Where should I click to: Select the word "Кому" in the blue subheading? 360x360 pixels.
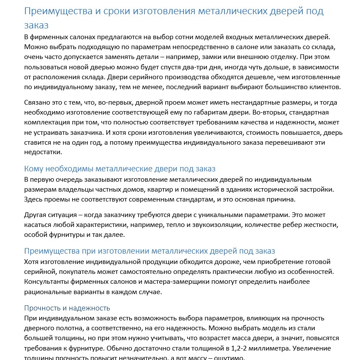pos(34,168)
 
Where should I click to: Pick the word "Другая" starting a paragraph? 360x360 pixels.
pos(36,214)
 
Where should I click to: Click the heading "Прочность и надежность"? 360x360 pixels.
pos(67,308)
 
